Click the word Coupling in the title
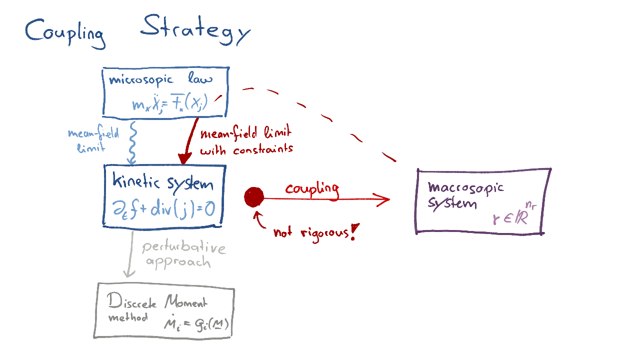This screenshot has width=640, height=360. [x=65, y=33]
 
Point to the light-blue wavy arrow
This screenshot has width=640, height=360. [x=131, y=142]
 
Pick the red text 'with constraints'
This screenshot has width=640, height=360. [x=246, y=149]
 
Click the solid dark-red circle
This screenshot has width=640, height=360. [x=254, y=197]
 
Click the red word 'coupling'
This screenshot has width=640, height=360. [x=312, y=189]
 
